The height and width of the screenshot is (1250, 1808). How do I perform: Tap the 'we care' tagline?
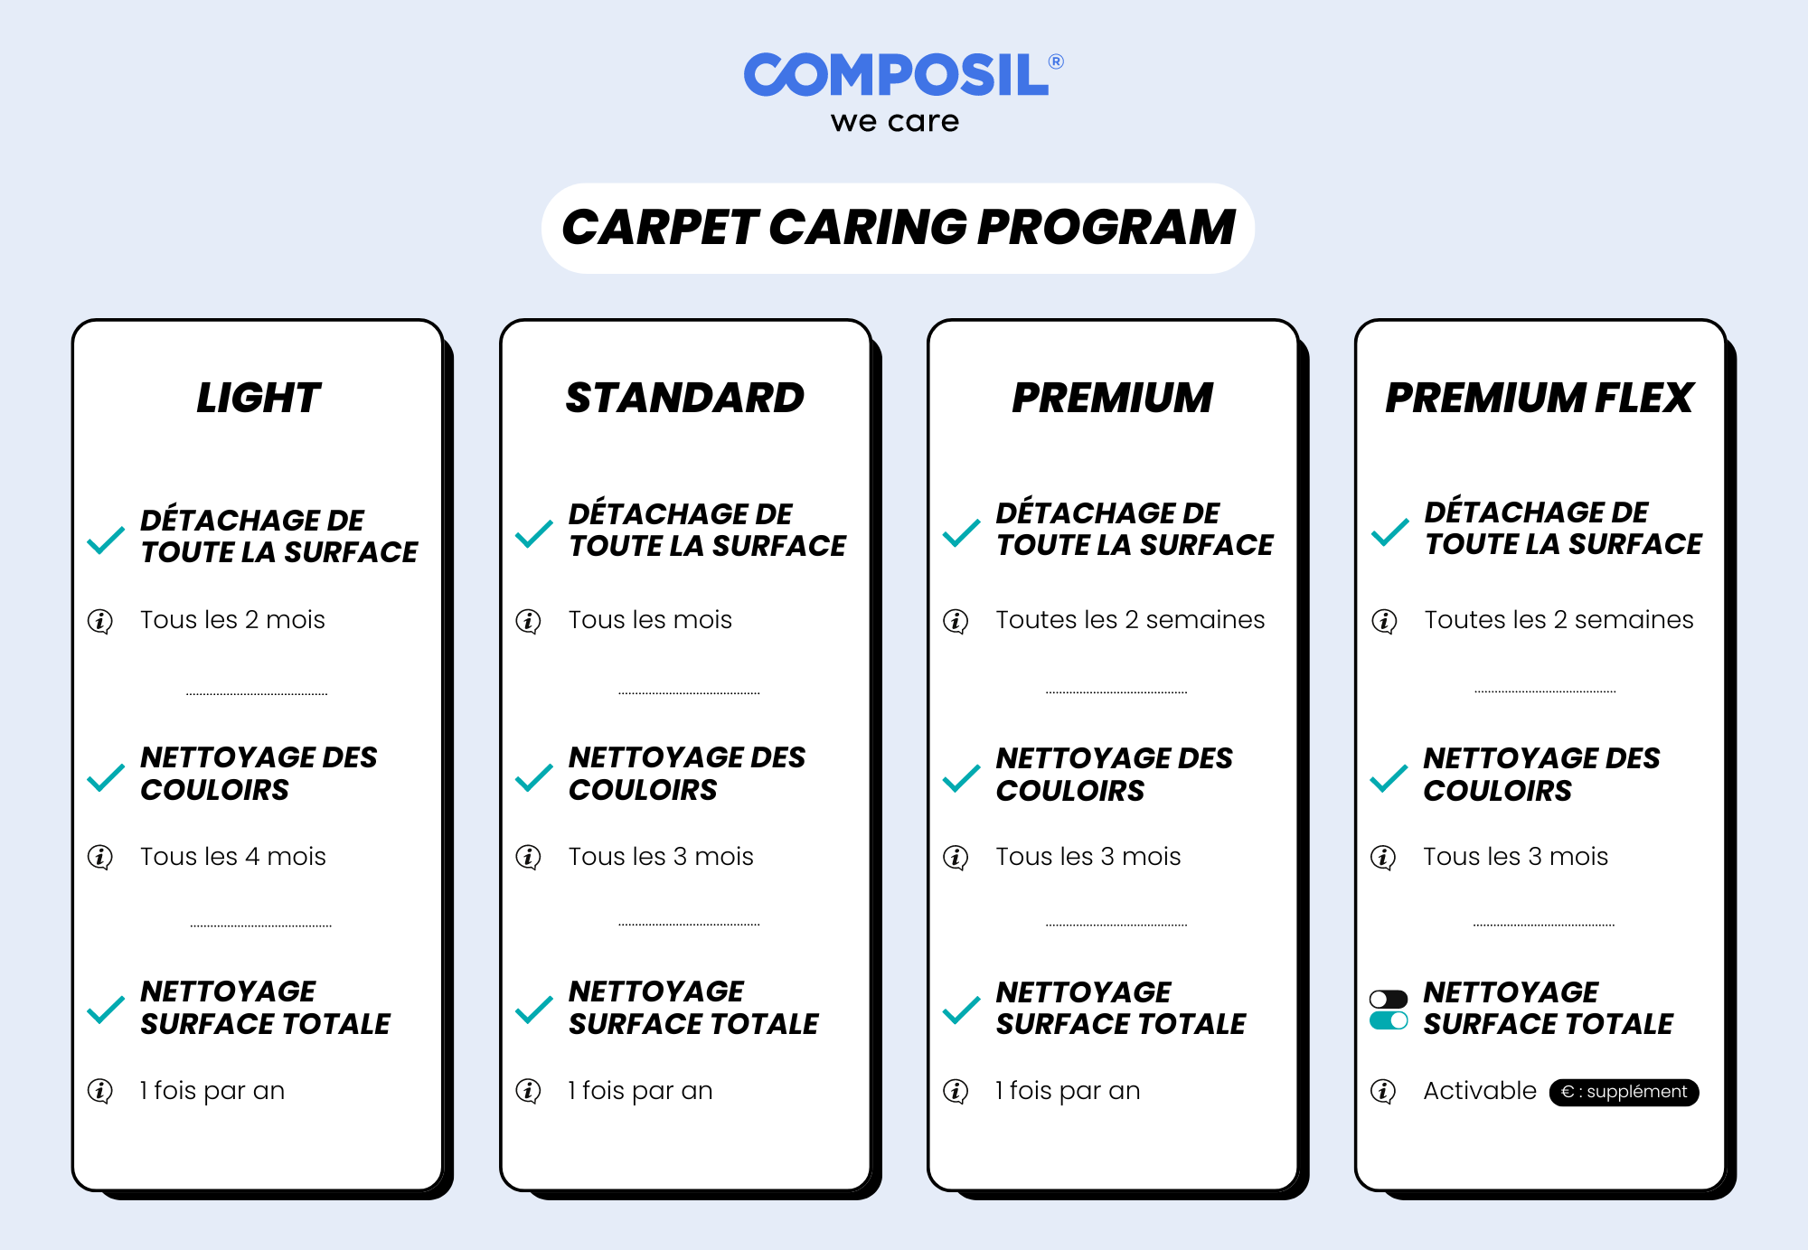(x=895, y=121)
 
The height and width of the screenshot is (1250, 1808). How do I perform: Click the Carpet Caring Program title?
(x=898, y=227)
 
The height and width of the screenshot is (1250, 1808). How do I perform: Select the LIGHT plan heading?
(x=259, y=398)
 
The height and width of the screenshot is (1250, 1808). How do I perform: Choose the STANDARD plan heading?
(x=685, y=398)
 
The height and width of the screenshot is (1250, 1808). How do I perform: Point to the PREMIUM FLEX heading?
(x=1540, y=398)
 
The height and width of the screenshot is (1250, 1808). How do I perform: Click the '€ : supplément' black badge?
(x=1624, y=1092)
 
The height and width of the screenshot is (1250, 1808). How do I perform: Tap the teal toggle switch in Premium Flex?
(x=1389, y=1020)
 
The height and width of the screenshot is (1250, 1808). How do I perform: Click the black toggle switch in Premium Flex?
(x=1389, y=999)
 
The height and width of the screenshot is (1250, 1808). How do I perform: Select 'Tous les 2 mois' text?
(x=232, y=620)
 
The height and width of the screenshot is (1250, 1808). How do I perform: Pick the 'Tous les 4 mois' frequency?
(x=233, y=856)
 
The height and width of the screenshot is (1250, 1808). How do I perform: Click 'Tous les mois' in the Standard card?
(x=650, y=620)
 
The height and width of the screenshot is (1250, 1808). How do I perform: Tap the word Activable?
(x=1480, y=1091)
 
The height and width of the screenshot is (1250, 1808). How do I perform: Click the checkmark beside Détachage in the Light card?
(x=106, y=540)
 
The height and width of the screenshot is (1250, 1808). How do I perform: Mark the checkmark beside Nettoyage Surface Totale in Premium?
(x=961, y=1010)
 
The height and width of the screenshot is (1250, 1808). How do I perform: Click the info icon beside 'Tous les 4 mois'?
(x=100, y=857)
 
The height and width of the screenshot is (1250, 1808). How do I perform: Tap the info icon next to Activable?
(x=1383, y=1091)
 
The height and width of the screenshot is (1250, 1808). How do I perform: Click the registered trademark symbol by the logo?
(x=1056, y=61)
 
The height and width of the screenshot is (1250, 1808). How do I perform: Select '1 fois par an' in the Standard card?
(x=640, y=1091)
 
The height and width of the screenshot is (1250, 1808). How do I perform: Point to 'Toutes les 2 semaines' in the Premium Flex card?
(x=1558, y=620)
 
